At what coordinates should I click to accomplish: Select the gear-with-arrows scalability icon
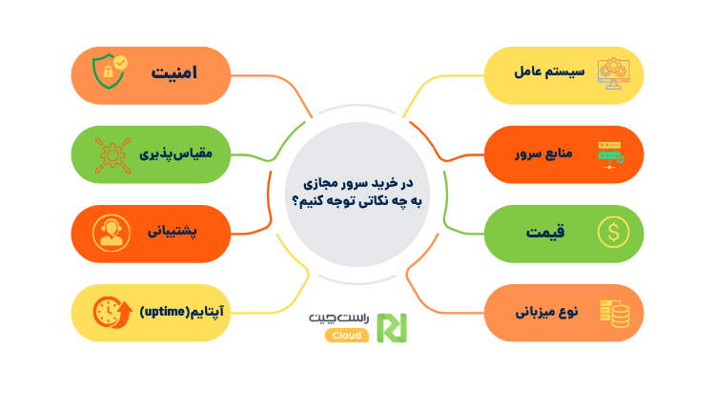pos(106,154)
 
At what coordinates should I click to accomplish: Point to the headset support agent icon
pos(106,233)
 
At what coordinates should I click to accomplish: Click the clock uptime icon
pos(107,312)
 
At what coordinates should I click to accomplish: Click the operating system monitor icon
pos(611,73)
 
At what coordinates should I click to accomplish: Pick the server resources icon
pos(611,154)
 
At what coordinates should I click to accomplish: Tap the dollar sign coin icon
pos(611,232)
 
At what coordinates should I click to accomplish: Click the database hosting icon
pos(611,312)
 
